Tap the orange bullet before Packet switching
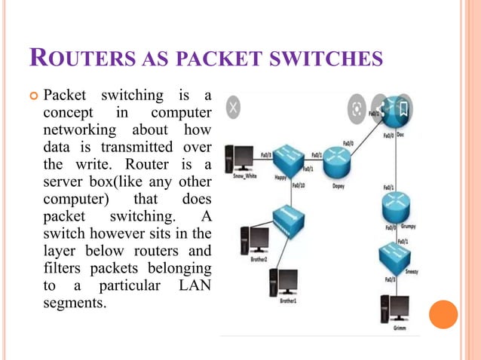click(x=33, y=96)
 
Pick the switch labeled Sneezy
click(x=395, y=254)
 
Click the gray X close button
click(x=234, y=108)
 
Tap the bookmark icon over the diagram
click(x=403, y=109)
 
